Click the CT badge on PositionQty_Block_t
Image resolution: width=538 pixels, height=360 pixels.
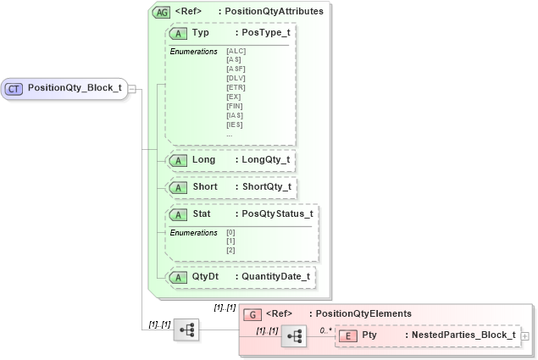[14, 88]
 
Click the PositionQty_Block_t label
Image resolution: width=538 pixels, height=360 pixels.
[75, 88]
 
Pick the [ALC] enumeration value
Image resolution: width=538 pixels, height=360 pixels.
[236, 52]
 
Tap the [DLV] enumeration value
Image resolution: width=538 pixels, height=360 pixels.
[236, 78]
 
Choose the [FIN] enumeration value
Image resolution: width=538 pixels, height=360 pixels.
[236, 106]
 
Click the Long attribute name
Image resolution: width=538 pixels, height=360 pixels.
[203, 160]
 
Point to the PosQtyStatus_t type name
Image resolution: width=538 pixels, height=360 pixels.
[277, 214]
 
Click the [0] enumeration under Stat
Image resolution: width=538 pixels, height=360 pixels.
[230, 233]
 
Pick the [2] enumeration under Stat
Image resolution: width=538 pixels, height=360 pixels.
[230, 250]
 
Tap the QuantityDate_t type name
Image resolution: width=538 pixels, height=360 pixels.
[275, 276]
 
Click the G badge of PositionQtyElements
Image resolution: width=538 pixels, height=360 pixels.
[251, 313]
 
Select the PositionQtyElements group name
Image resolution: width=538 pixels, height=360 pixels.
[360, 313]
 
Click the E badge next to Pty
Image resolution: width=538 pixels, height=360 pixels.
[347, 335]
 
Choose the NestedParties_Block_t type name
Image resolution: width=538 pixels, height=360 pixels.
[463, 335]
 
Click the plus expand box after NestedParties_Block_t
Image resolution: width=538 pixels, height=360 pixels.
[525, 336]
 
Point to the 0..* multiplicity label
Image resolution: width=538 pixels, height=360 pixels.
[324, 330]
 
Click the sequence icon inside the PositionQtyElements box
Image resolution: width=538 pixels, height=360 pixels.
[294, 336]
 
